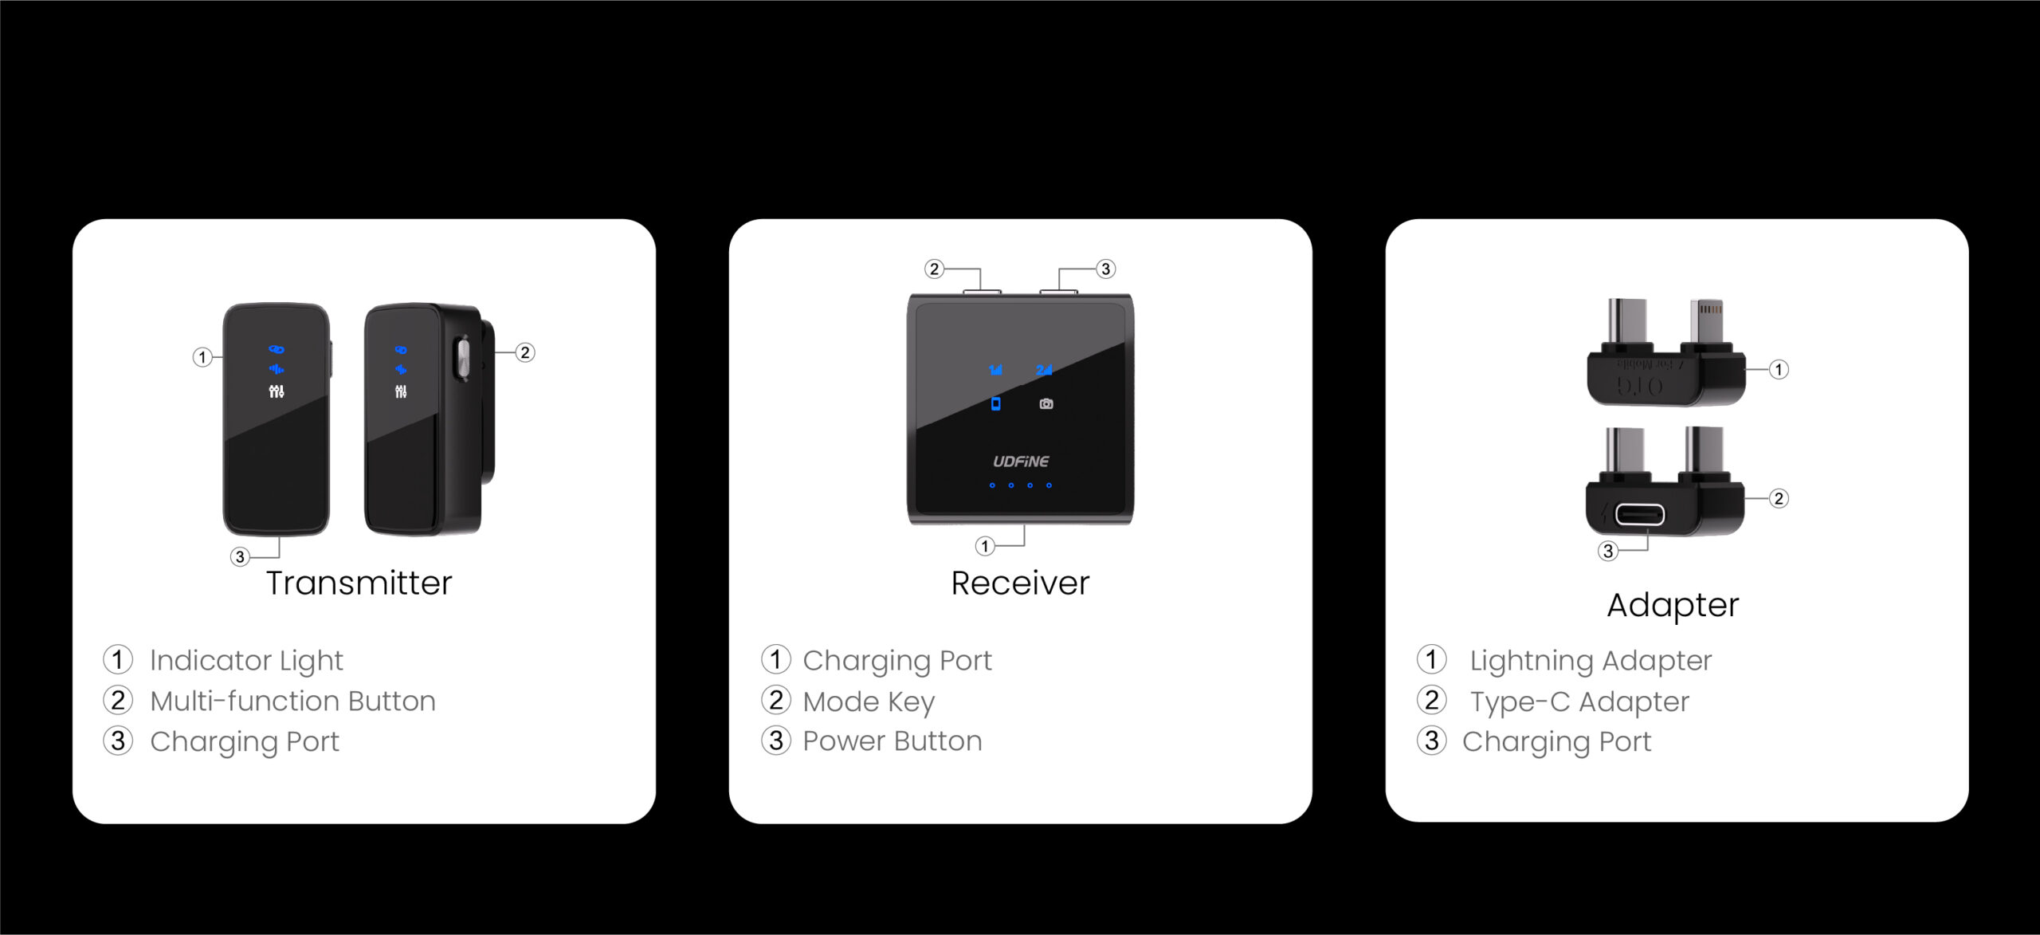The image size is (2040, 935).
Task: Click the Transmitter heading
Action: point(359,583)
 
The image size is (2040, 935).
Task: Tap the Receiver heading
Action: point(1020,583)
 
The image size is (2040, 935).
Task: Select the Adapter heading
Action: point(1673,606)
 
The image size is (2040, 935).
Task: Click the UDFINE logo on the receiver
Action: point(1021,462)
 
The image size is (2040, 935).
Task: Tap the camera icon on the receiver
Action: point(1046,404)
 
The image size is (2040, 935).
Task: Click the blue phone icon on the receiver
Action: point(995,404)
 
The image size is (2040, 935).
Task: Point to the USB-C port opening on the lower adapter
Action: point(1640,514)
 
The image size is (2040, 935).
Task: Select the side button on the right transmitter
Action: point(462,358)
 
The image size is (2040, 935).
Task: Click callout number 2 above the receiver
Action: point(935,269)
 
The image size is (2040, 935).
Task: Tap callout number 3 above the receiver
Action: point(1105,269)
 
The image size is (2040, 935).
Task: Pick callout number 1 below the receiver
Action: point(985,546)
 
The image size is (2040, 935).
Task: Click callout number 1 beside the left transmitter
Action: point(202,357)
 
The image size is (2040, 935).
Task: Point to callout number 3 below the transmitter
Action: point(240,556)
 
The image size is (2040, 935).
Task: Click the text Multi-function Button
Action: point(293,701)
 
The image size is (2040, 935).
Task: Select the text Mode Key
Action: point(869,702)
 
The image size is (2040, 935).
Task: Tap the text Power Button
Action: point(892,741)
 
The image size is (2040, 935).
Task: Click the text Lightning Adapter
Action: point(1591,662)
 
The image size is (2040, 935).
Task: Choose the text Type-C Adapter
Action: point(1579,702)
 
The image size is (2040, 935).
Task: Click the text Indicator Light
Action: point(246,662)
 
